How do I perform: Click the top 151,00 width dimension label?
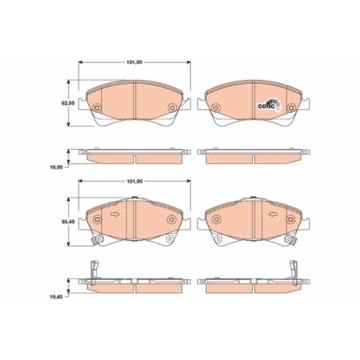(135, 62)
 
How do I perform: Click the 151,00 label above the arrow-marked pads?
(135, 181)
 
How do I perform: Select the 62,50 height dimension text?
(68, 103)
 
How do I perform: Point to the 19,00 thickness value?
(56, 167)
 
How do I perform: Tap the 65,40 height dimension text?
(68, 222)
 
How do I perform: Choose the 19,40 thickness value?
(56, 297)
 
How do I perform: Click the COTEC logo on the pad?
(269, 105)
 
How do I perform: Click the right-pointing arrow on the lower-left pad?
(114, 214)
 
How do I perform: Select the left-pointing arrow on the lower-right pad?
(273, 214)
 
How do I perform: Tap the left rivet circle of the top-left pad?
(96, 108)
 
